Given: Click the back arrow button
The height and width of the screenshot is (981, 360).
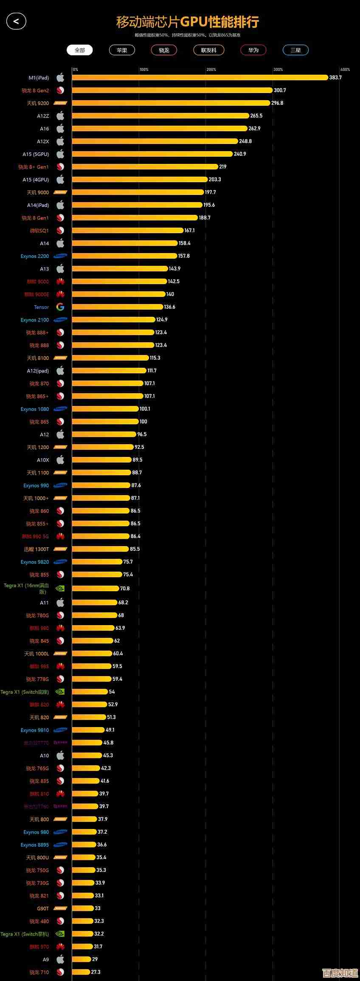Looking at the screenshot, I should click(16, 21).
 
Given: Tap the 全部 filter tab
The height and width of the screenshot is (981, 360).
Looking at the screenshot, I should click(80, 50).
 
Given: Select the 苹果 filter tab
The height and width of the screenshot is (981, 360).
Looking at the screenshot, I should click(122, 50).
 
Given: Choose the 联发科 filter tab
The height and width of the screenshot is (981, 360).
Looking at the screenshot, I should click(208, 50).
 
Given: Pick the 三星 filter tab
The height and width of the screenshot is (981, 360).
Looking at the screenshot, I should click(295, 50).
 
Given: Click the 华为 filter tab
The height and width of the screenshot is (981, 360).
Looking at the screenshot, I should click(253, 50).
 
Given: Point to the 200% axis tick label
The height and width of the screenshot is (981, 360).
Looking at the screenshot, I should click(211, 69).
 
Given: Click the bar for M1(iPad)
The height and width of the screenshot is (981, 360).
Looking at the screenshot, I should click(200, 77).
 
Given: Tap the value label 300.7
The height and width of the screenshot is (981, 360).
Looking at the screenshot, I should click(280, 90).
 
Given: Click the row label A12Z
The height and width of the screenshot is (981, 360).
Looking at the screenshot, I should click(43, 116).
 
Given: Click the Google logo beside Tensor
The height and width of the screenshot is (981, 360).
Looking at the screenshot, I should click(60, 307).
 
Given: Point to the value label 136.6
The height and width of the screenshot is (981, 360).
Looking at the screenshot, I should click(169, 307).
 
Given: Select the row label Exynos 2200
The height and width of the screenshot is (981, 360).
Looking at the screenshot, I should click(35, 256).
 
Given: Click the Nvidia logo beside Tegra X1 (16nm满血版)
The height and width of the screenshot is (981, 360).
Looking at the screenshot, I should click(60, 589).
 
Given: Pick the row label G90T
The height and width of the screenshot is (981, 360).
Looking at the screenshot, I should click(43, 908).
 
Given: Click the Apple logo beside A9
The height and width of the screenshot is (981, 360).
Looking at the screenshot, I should click(60, 959).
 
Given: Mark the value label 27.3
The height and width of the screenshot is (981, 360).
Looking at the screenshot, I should click(96, 972).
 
